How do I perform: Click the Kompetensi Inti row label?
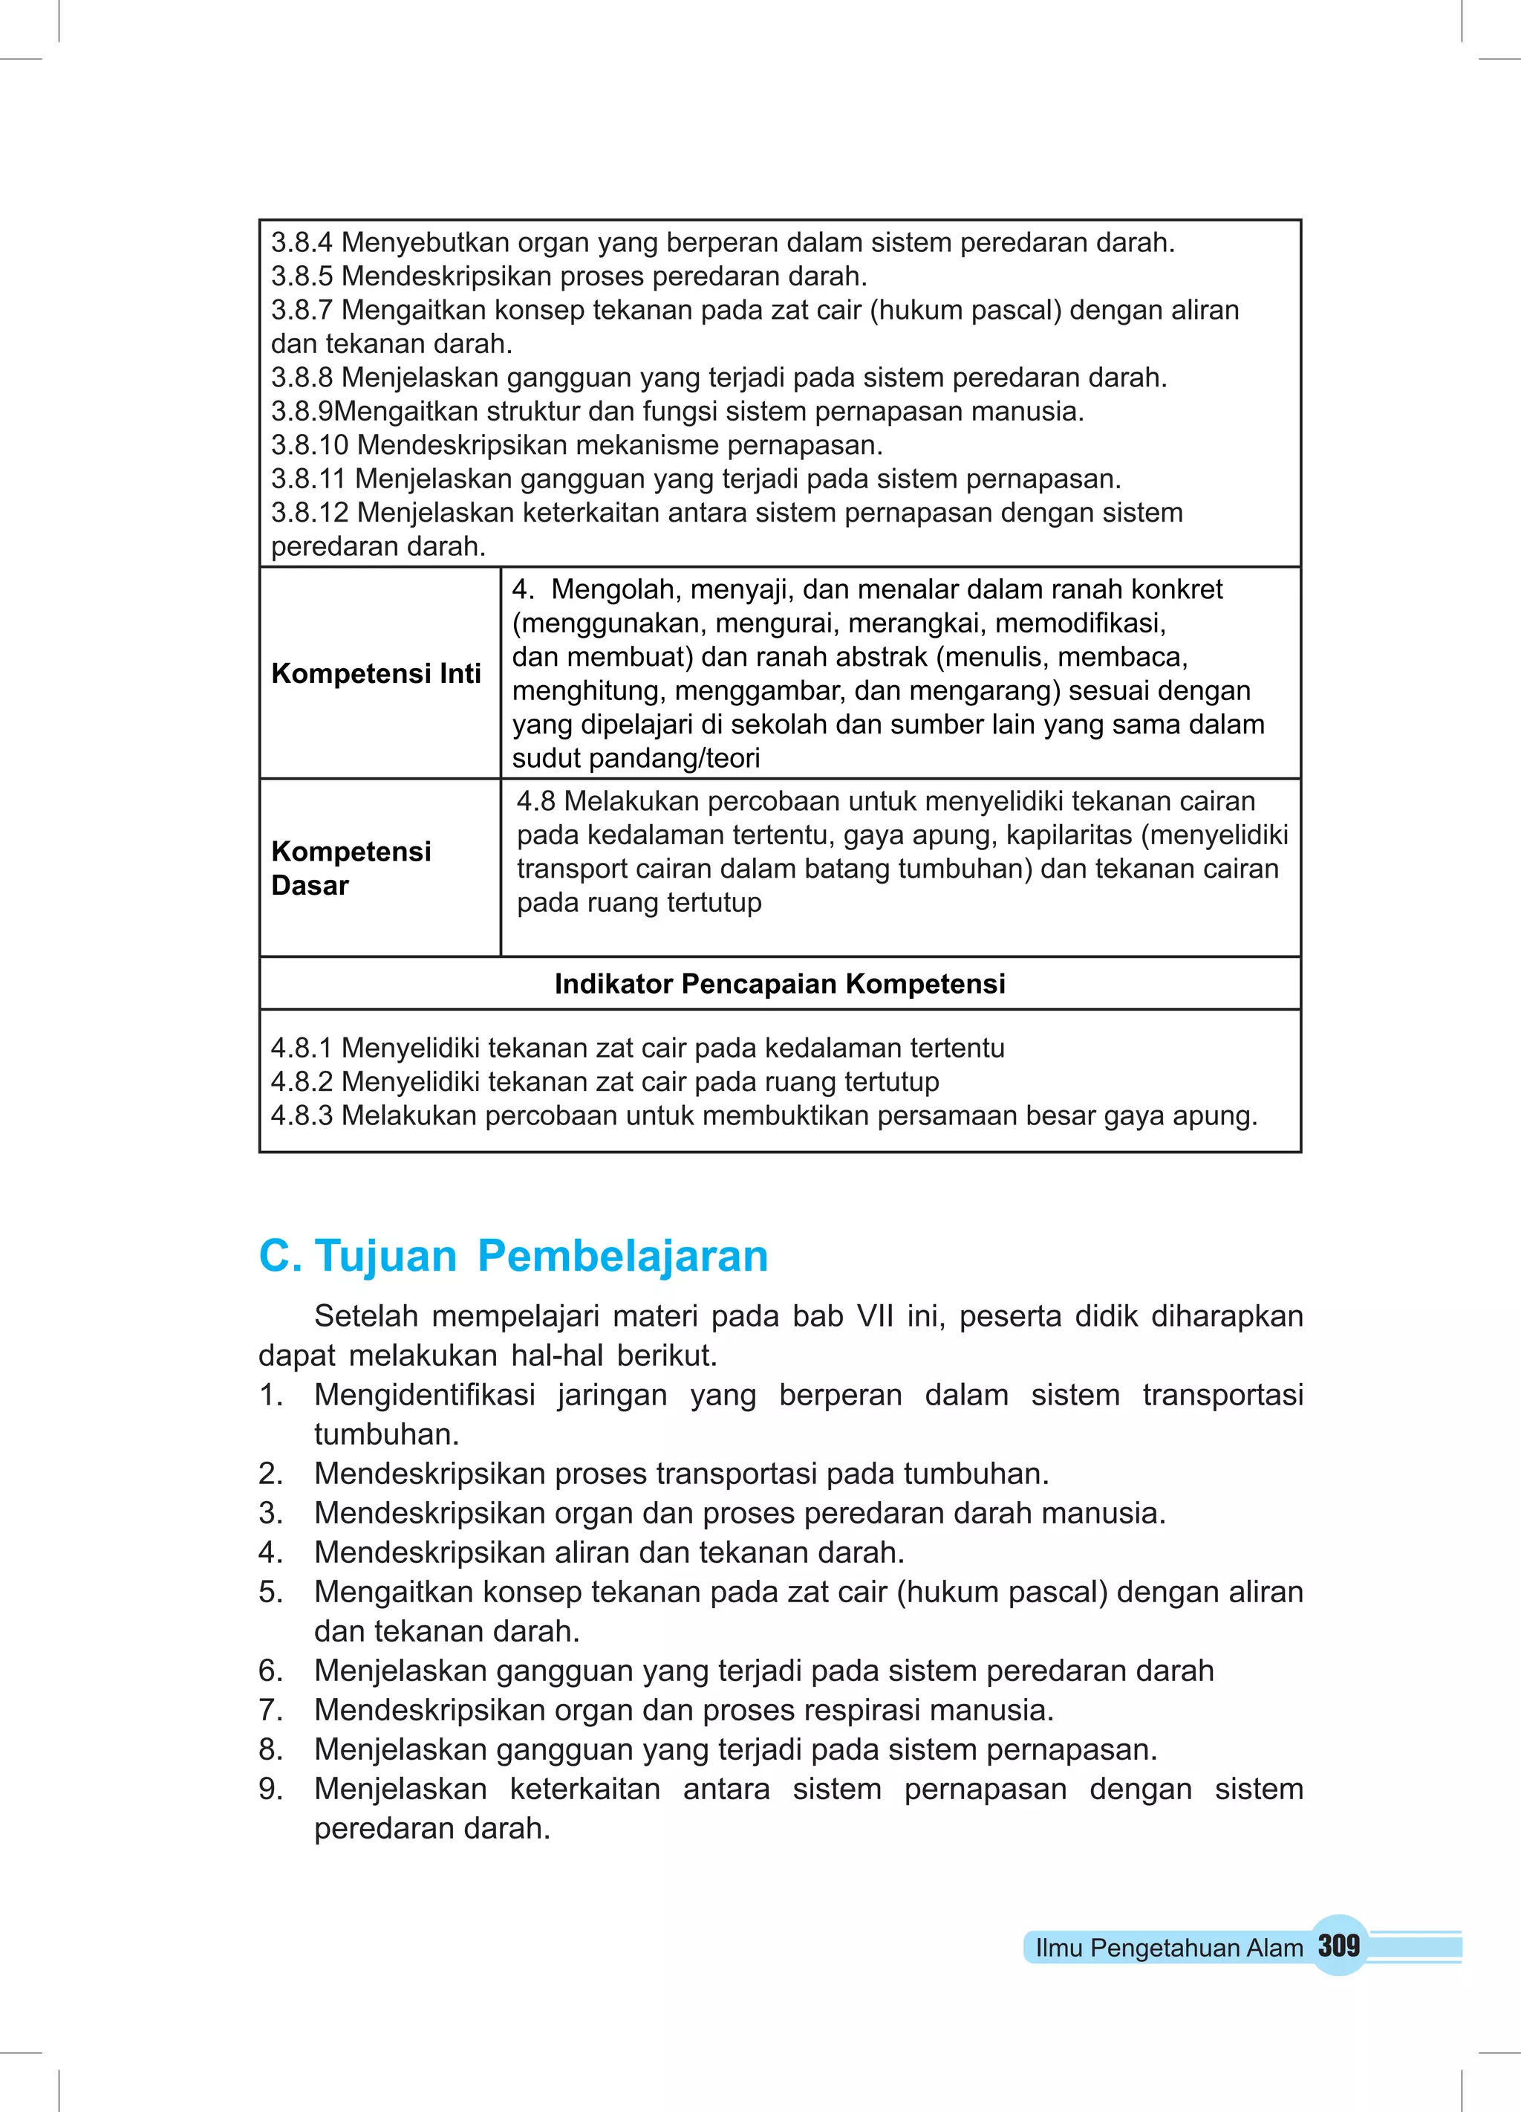(376, 673)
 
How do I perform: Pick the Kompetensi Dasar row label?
(351, 868)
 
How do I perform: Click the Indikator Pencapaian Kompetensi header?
(779, 983)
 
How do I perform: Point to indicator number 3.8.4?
(302, 242)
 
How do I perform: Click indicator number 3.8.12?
(309, 512)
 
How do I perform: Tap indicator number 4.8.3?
(302, 1115)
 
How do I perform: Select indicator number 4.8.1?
(302, 1048)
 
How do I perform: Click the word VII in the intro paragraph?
(875, 1316)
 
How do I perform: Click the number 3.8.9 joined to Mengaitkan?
(302, 411)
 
